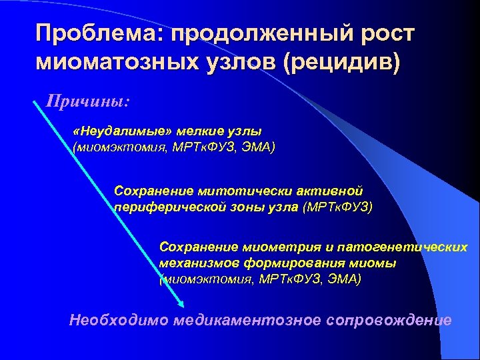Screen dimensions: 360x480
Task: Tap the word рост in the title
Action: [x=386, y=33]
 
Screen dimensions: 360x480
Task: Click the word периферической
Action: [x=169, y=207]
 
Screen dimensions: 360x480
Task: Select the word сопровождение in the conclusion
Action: [x=389, y=320]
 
